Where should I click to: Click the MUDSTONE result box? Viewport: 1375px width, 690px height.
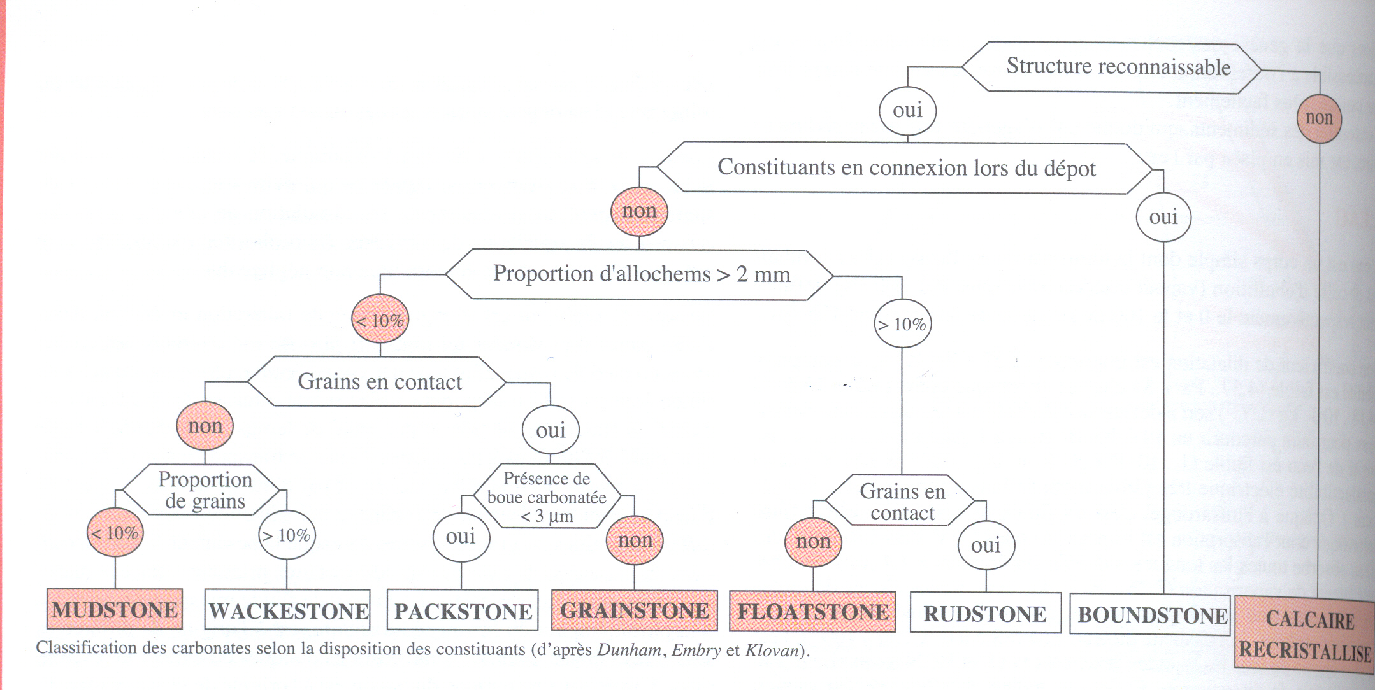pyautogui.click(x=115, y=609)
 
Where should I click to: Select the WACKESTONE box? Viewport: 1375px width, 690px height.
pyautogui.click(x=287, y=610)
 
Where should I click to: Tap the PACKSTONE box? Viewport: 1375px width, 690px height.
pyautogui.click(x=463, y=611)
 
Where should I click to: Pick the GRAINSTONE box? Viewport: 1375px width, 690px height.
pyautogui.click(x=634, y=610)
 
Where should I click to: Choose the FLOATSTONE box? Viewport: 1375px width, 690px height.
pyautogui.click(x=812, y=612)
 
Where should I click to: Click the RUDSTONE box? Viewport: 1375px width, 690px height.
pyautogui.click(x=985, y=614)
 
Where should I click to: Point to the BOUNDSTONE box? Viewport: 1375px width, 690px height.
pyautogui.click(x=1151, y=615)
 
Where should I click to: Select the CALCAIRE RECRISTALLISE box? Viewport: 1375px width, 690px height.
pyautogui.click(x=1305, y=635)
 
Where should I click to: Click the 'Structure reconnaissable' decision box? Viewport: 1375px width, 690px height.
pyautogui.click(x=1112, y=67)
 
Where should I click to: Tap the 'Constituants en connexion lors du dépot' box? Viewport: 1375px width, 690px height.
pyautogui.click(x=905, y=168)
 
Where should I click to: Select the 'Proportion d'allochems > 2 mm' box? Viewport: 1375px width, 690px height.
pyautogui.click(x=640, y=274)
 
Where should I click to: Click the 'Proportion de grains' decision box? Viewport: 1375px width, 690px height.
pyautogui.click(x=204, y=490)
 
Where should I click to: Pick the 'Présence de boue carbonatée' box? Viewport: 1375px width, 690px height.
pyautogui.click(x=547, y=496)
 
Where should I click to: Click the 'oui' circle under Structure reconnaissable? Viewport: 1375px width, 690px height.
pyautogui.click(x=907, y=110)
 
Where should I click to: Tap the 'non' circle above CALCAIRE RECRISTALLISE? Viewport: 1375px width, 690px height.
pyautogui.click(x=1319, y=118)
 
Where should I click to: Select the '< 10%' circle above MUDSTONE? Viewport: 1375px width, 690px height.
pyautogui.click(x=115, y=533)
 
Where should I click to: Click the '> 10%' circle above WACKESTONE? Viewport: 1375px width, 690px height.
pyautogui.click(x=287, y=535)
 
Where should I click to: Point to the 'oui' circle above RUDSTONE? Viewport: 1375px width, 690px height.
pyautogui.click(x=986, y=545)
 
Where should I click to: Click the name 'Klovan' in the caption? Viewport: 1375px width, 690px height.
pyautogui.click(x=772, y=650)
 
